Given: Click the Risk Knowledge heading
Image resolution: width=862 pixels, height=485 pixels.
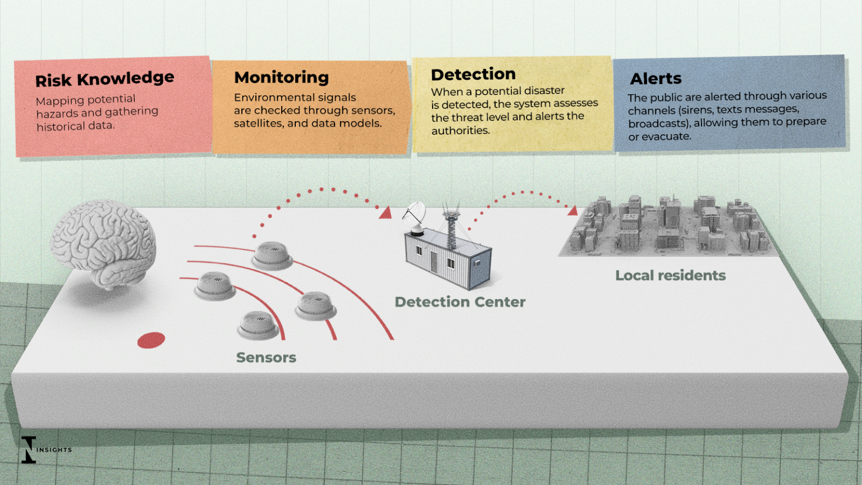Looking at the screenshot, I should click(104, 79).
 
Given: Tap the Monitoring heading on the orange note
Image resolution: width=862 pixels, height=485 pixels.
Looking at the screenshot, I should click(281, 77).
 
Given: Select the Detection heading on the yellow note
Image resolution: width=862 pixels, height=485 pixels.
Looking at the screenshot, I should click(473, 74).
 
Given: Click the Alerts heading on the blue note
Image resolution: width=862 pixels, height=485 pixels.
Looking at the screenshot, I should click(655, 79).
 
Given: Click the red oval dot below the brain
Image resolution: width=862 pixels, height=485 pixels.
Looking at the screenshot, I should click(151, 340).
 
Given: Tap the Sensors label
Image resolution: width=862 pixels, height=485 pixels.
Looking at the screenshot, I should click(266, 358).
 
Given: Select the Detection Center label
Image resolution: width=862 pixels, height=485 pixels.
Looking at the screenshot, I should click(460, 302).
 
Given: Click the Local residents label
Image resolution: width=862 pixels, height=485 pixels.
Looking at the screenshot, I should click(670, 276).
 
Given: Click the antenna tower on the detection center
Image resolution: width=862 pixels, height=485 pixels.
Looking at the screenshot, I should click(451, 225).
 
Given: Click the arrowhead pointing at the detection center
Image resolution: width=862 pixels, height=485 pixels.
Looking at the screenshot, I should click(386, 213).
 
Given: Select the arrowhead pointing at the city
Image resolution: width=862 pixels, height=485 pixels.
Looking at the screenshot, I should click(572, 211).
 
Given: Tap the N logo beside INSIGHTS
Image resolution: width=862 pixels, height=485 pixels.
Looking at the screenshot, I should click(28, 450).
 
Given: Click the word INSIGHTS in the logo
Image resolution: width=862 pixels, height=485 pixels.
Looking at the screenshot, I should click(54, 450).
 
